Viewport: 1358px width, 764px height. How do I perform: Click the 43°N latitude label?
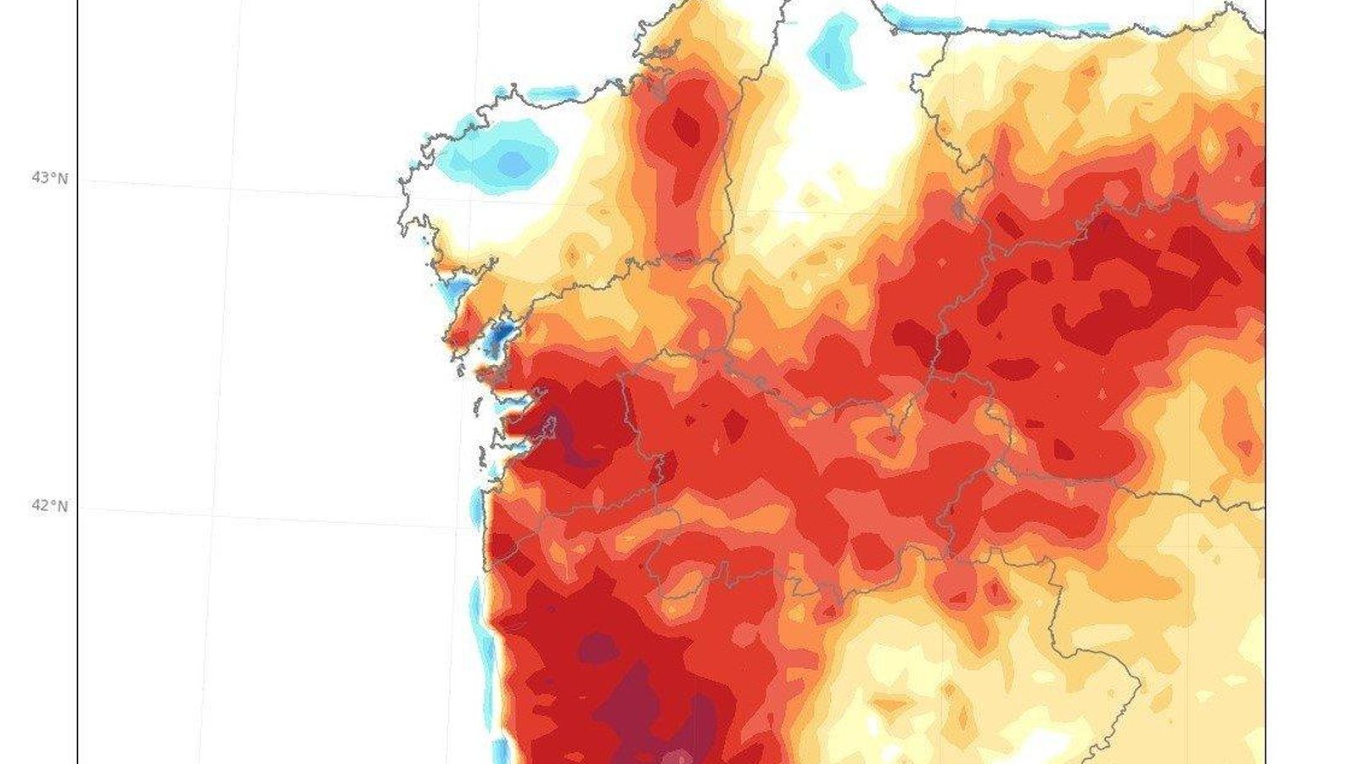[49, 178]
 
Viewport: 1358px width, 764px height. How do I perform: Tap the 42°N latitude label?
[49, 506]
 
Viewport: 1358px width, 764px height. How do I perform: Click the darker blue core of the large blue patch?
[512, 162]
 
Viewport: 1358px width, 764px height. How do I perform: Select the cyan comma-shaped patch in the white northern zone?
[836, 51]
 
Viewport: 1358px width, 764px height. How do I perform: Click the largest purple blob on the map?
[637, 705]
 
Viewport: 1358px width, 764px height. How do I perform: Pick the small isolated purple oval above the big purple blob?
[599, 649]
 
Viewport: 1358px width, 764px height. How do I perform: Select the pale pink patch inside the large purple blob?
[677, 756]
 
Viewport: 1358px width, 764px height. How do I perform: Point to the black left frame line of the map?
[77, 382]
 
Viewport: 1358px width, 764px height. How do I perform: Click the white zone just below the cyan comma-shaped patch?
[840, 127]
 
